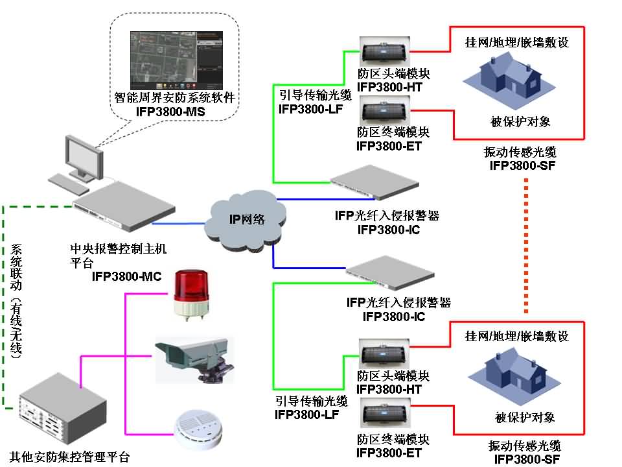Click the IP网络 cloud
(x=246, y=219)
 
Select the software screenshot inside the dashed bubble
(x=172, y=60)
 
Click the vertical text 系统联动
(x=16, y=266)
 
